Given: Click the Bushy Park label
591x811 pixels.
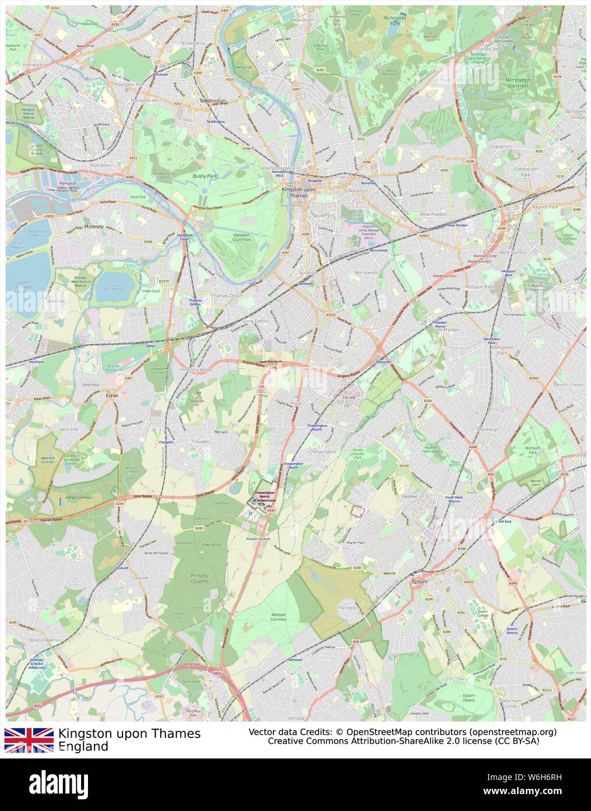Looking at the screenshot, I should pyautogui.click(x=205, y=175).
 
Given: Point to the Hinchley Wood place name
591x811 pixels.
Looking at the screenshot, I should pyautogui.click(x=196, y=369).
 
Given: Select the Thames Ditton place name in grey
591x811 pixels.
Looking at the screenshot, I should pyautogui.click(x=227, y=296).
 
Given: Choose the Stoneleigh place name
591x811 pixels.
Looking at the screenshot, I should pyautogui.click(x=488, y=429).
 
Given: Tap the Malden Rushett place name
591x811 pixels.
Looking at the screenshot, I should pyautogui.click(x=259, y=539).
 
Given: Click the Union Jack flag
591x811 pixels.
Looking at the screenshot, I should pyautogui.click(x=29, y=740).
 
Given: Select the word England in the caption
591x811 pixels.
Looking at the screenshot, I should pyautogui.click(x=83, y=746).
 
